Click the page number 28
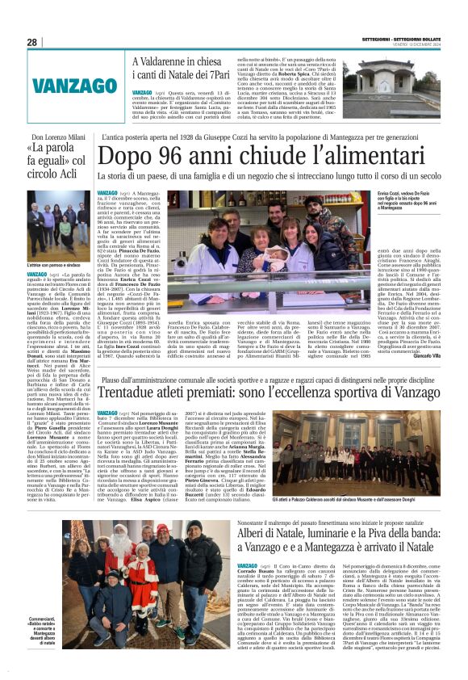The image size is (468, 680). tap(31, 42)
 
